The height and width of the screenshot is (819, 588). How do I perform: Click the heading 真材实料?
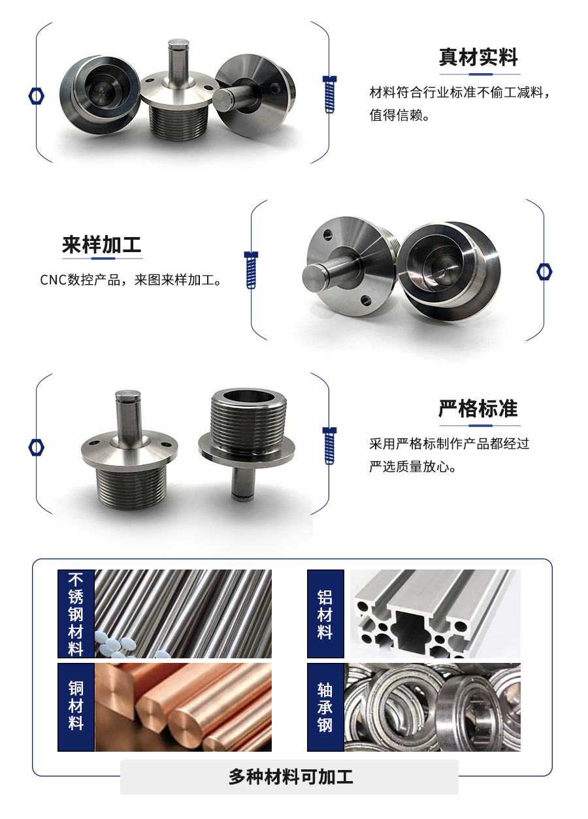click(478, 57)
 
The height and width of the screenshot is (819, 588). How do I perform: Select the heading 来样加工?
click(101, 245)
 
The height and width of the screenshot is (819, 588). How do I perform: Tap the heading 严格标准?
click(478, 409)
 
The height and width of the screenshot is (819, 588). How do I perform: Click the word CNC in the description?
click(53, 280)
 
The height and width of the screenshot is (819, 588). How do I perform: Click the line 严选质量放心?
click(412, 467)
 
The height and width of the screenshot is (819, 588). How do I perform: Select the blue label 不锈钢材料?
click(76, 614)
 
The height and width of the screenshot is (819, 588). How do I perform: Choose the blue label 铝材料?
click(325, 614)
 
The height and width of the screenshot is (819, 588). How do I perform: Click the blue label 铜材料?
click(76, 707)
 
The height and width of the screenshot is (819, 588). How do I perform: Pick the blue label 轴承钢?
click(325, 707)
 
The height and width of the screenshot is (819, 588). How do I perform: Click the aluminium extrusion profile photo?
click(435, 614)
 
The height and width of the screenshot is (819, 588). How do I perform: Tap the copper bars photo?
click(183, 707)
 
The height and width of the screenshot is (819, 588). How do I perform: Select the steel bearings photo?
click(433, 707)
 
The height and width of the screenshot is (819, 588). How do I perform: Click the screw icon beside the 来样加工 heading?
click(251, 269)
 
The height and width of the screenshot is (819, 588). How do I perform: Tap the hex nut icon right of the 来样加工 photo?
click(544, 271)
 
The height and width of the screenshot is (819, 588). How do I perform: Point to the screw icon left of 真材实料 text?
click(330, 94)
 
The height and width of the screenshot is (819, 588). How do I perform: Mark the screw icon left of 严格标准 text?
click(330, 445)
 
